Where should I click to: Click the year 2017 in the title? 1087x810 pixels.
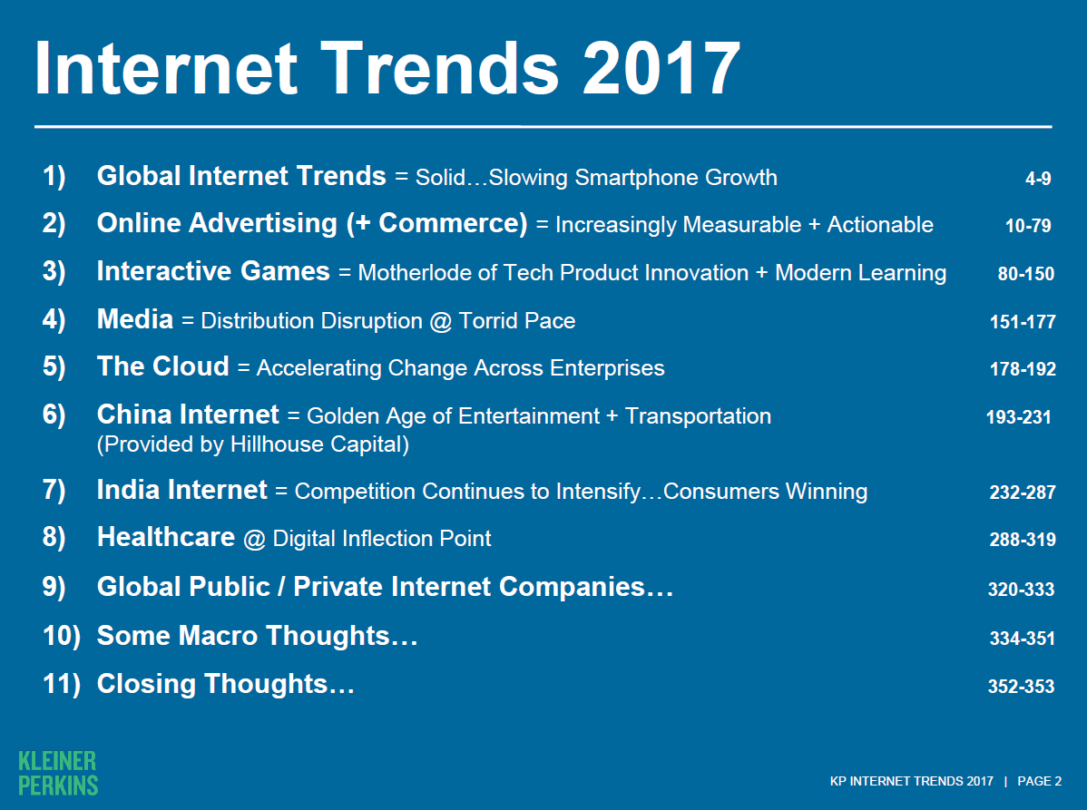[662, 68]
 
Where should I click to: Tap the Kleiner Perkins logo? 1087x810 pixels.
[58, 774]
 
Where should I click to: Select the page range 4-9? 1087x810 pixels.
[1038, 179]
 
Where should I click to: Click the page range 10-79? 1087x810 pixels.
[1028, 226]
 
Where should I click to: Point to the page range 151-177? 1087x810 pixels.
[1023, 321]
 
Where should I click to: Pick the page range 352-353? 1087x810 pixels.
[1021, 687]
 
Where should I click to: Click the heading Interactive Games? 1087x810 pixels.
[213, 271]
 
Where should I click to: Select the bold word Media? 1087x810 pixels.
[135, 319]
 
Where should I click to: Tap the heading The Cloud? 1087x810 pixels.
[163, 366]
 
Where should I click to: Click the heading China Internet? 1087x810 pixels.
[188, 415]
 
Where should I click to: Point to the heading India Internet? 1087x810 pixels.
[181, 490]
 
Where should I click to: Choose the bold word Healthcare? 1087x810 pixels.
[166, 537]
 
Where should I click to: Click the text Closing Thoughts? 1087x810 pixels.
[225, 684]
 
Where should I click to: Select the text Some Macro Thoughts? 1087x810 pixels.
[257, 635]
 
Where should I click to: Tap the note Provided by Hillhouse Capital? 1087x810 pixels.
[253, 444]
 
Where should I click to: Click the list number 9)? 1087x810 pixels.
[54, 587]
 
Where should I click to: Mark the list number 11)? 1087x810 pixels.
[62, 684]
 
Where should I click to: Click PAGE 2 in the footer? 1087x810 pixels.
[1039, 781]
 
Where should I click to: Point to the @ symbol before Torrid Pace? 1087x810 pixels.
[440, 321]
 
